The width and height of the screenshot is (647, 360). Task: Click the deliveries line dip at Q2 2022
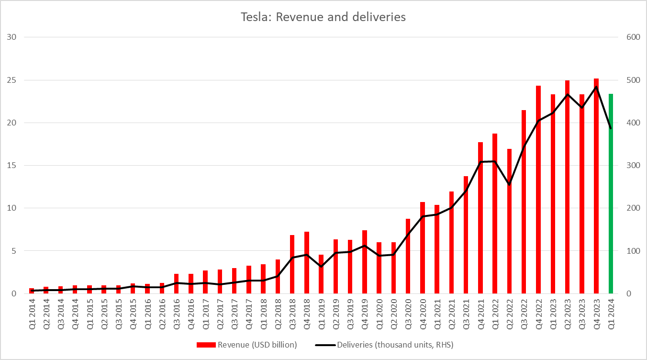click(509, 185)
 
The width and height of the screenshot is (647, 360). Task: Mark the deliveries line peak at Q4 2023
click(596, 87)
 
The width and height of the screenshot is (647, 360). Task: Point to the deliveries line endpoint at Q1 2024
click(611, 128)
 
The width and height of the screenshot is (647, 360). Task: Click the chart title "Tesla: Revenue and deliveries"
click(323, 17)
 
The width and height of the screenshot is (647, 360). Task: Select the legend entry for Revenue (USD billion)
click(246, 345)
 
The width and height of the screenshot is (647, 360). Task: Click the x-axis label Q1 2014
click(32, 314)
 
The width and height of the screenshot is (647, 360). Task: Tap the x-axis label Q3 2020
click(408, 314)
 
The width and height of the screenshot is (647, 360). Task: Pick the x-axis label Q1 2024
click(611, 314)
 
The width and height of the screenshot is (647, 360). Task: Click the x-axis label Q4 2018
click(306, 314)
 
